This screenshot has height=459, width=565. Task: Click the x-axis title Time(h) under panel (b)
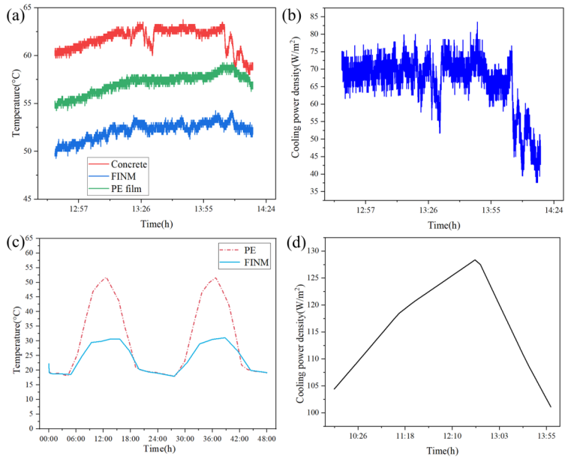440,225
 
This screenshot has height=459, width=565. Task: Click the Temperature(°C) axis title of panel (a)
17,102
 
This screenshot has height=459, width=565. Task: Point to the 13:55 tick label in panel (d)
545,436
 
